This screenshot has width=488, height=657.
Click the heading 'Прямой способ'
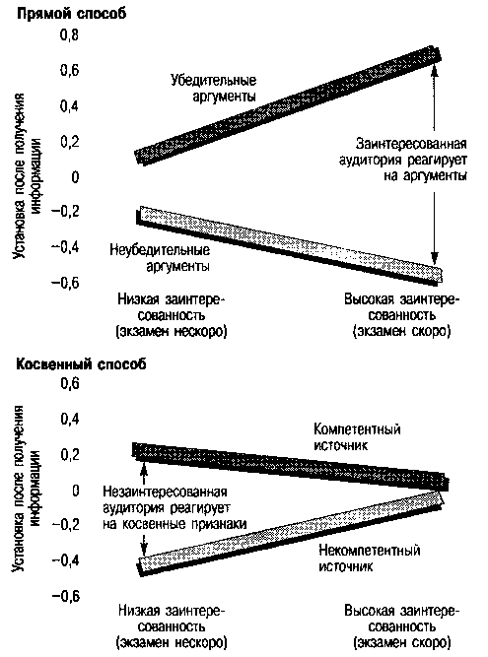tap(71, 14)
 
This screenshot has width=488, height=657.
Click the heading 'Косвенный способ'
tap(81, 364)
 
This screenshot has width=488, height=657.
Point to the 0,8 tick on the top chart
tap(70, 35)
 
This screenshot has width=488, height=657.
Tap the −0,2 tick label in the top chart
tap(65, 212)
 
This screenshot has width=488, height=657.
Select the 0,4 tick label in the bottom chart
tap(70, 419)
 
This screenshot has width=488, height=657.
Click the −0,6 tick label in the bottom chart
tap(65, 596)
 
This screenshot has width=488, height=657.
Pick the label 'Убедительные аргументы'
tap(213, 88)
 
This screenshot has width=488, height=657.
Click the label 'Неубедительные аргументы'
tap(160, 258)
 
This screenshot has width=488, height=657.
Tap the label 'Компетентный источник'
tap(357, 437)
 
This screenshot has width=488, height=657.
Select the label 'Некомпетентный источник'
tap(370, 558)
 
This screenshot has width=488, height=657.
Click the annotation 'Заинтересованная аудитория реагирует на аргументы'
tap(403, 160)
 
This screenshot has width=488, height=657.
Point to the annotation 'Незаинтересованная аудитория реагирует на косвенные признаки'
tap(174, 508)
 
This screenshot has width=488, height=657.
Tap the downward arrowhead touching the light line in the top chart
tap(435, 258)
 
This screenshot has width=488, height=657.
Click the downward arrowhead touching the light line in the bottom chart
tap(144, 549)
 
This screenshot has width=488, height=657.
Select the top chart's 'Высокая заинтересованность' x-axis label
tap(401, 315)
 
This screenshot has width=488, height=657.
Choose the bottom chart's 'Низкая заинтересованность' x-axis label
tap(172, 626)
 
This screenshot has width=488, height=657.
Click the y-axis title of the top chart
tap(28, 175)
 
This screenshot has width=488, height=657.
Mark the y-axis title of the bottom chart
tap(28, 488)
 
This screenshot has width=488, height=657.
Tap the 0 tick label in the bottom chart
tap(76, 490)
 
